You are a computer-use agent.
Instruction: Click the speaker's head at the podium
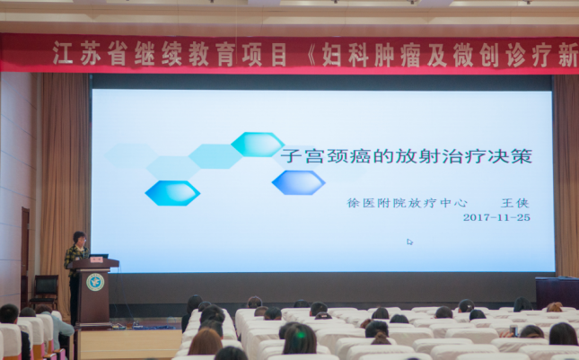pos(79,238)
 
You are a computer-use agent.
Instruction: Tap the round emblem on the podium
pos(95,282)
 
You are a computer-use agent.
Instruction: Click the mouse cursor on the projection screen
pos(409,241)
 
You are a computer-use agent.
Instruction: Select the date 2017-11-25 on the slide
pos(496,217)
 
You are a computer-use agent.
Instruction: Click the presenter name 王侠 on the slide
pos(515,203)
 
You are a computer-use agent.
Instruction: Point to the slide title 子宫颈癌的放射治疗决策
pos(406,156)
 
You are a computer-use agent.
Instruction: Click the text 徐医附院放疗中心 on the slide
pos(407,203)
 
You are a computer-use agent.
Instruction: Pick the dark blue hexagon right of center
pos(298,182)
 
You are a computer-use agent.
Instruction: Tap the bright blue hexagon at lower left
pos(172,193)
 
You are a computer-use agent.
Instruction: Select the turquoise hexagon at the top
pos(258,145)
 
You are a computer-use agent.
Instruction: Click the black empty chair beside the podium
pos(44,291)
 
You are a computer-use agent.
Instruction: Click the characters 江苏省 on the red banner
pos(90,53)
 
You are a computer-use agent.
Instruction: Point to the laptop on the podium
pos(99,256)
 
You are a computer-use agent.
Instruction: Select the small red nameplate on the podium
pos(96,260)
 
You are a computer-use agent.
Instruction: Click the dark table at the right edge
pos(557,292)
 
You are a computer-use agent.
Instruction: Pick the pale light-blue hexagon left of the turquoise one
pos(215,156)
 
